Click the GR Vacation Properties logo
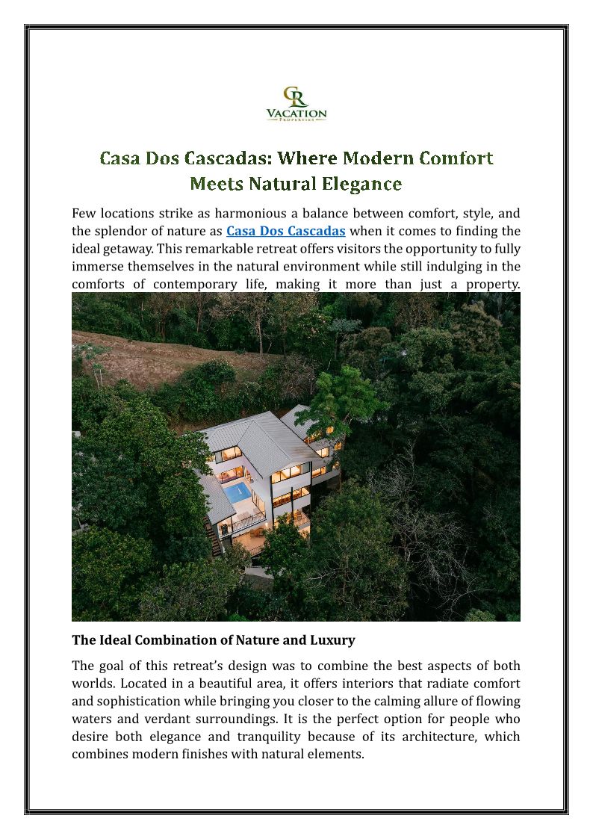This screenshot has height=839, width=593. pos(296,105)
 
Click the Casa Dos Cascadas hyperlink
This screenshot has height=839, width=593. pos(285,231)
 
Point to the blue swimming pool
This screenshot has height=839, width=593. pos(239,492)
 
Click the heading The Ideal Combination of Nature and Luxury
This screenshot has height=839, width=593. pos(213,640)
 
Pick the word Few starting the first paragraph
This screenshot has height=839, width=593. pos(84,214)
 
